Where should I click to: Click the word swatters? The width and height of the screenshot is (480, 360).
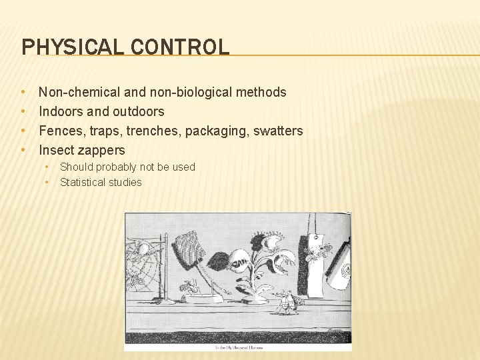click(279, 131)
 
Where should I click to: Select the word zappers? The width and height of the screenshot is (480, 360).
click(101, 151)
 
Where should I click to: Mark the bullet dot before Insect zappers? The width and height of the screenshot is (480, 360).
click(23, 150)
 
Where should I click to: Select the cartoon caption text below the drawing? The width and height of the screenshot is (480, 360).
click(238, 347)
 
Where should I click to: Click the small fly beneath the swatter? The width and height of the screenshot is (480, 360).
click(191, 287)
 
